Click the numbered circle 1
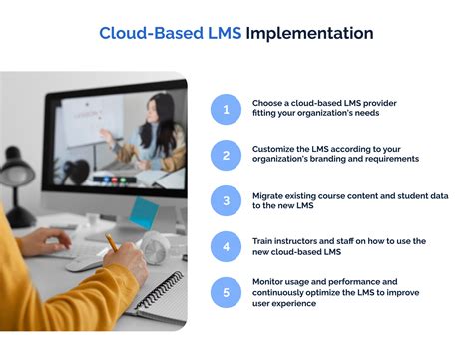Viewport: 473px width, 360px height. [x=226, y=110]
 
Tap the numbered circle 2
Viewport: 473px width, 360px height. [x=226, y=155]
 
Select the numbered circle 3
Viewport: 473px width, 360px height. [x=226, y=200]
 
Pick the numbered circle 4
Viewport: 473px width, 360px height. [x=226, y=246]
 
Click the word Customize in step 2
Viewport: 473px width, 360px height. [x=275, y=148]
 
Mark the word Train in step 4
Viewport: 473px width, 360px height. [x=263, y=240]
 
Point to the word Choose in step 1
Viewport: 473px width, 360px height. [x=269, y=103]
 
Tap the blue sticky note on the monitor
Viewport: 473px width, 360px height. [x=145, y=212]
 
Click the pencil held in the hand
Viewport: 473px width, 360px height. [x=112, y=242]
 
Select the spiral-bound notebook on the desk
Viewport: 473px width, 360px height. [x=160, y=294]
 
